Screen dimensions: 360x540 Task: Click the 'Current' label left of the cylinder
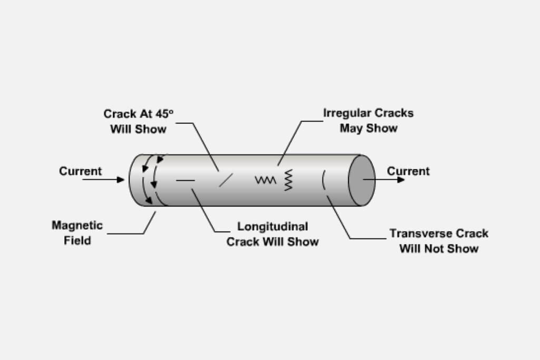point(80,171)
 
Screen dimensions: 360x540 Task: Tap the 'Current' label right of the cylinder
point(408,171)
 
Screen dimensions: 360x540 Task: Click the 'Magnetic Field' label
point(77,233)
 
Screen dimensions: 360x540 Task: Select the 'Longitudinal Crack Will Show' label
point(273,234)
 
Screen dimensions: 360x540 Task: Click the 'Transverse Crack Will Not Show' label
point(439,240)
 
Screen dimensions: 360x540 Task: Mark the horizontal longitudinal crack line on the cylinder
point(186,180)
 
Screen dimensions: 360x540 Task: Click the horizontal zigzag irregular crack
point(265,180)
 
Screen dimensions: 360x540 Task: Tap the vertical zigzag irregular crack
point(288,180)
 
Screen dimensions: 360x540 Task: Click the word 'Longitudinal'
point(273,227)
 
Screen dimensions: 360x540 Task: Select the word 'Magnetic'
point(77,226)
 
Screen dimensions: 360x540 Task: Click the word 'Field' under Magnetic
point(78,241)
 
